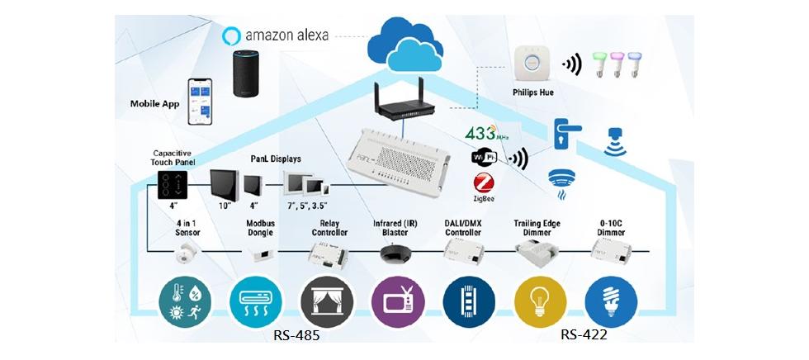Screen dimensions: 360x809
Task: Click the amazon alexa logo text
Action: coord(286,36)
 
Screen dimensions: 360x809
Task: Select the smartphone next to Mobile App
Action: coord(201,102)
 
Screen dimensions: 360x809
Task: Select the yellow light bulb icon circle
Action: coord(537,300)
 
